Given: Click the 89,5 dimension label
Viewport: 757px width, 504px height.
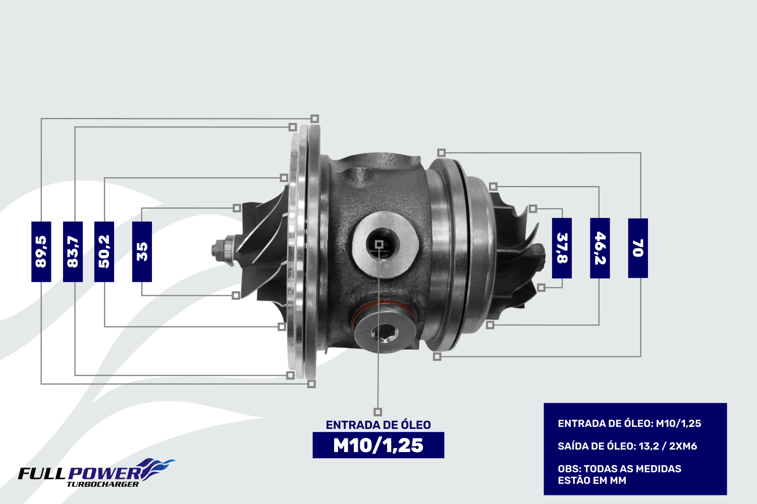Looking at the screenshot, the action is coord(41,251).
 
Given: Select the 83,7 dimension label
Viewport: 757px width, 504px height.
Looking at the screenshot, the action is coord(73,251).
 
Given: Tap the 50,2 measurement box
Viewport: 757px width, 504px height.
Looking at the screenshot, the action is coord(104,251).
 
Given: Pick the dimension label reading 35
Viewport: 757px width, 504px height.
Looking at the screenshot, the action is coord(142,251).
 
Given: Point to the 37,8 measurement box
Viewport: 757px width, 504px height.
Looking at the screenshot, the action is coord(562,248).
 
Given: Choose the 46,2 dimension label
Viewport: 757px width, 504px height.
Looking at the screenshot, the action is coord(600,248).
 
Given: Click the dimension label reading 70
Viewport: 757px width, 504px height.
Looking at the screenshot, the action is coord(638,248).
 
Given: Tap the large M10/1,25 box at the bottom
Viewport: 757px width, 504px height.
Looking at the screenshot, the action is coord(378,445).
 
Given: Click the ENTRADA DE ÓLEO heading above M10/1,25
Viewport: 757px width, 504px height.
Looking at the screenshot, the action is coord(378,425).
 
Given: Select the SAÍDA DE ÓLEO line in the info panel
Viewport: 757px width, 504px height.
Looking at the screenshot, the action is coord(627,446).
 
